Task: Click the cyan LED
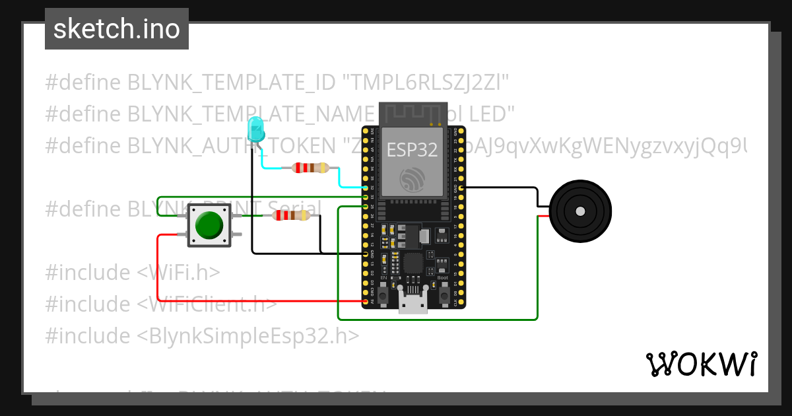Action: pos(255,129)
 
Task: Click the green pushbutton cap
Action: pos(209,225)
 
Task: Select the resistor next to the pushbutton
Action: pos(291,215)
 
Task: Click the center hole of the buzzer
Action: pos(580,212)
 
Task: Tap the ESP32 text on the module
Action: pos(412,150)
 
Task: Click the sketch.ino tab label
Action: pos(117,29)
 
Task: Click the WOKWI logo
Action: pos(701,364)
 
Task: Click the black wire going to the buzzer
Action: pos(502,188)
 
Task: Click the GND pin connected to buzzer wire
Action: pos(461,188)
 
